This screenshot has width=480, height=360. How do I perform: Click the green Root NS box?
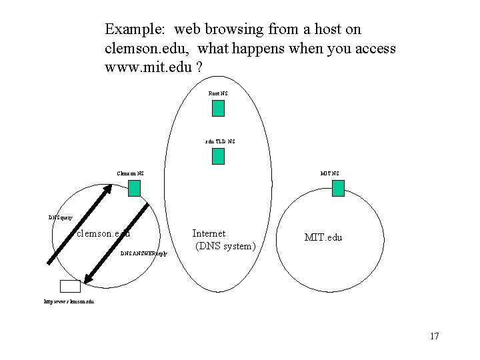tap(218, 108)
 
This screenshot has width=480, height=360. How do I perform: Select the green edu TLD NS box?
tap(218, 156)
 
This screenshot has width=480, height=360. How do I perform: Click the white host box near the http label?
tap(69, 286)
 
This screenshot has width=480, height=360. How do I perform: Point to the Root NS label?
tap(218, 93)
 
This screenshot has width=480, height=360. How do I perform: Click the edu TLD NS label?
tap(219, 141)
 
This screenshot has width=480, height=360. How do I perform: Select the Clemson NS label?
tap(130, 174)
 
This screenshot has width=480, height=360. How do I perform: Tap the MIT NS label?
tap(329, 174)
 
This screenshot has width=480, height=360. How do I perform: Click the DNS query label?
tap(61, 217)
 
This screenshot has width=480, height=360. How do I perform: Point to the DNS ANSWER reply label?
tap(144, 254)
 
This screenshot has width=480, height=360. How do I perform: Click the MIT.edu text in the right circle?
tap(323, 237)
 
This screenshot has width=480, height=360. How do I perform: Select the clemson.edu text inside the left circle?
tap(103, 233)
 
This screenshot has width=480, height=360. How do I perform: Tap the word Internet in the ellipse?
tap(209, 233)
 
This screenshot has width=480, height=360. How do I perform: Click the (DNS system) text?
tap(225, 247)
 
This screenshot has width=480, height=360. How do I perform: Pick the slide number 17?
tap(434, 336)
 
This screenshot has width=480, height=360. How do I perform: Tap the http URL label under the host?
tap(69, 301)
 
